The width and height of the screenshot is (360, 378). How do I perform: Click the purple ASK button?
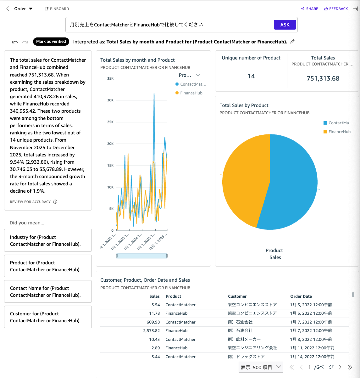click(x=285, y=25)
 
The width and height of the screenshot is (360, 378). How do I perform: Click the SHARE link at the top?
click(x=310, y=9)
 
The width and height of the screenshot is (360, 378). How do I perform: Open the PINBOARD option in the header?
click(x=57, y=9)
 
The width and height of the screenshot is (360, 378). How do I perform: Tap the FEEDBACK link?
click(x=336, y=9)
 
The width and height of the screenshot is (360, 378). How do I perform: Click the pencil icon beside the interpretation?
click(x=292, y=42)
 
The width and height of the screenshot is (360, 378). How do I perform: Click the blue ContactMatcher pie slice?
click(x=292, y=183)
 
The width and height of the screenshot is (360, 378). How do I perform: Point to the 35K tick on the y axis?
click(x=110, y=78)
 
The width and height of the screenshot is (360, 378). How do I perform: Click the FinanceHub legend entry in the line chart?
click(x=191, y=93)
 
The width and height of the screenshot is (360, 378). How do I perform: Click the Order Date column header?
click(x=301, y=296)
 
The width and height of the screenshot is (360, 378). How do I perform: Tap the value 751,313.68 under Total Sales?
click(x=323, y=79)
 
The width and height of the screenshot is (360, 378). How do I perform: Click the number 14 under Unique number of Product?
click(x=251, y=76)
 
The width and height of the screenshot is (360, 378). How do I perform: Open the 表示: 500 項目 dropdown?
click(x=261, y=367)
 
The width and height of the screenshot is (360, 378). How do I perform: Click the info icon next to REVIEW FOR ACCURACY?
click(x=55, y=202)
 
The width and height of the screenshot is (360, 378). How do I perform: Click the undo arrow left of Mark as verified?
click(x=15, y=42)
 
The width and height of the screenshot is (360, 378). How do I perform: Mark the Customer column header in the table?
click(x=237, y=296)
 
